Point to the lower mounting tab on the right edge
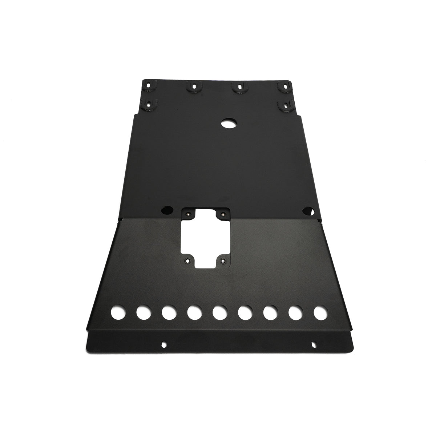[283, 105]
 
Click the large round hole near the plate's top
[228, 124]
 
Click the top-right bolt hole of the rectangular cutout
[221, 214]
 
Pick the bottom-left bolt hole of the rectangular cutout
[187, 261]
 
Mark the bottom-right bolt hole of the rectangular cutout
[223, 261]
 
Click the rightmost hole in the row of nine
[319, 312]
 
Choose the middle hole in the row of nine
[218, 312]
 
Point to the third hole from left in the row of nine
[167, 312]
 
